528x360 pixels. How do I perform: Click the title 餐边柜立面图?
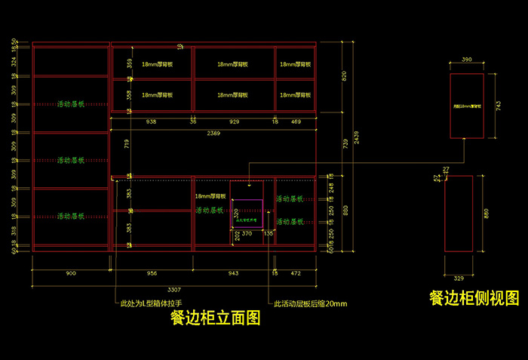pos(215,318)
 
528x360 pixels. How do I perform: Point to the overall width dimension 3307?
pos(174,289)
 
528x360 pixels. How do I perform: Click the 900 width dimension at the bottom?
pos(71,273)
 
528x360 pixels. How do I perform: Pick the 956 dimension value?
pos(152,273)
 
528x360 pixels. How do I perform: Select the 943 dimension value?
pos(233,273)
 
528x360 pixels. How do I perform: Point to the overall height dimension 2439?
pos(357,137)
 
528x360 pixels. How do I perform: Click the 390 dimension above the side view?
pos(466,59)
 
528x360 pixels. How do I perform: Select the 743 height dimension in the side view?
pos(499,106)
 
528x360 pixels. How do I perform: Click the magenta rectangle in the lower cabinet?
pos(247,214)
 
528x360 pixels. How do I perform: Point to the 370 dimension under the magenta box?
pos(247,234)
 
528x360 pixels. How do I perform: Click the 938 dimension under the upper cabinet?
pos(151,121)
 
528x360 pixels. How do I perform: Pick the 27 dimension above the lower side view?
pos(447,168)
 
